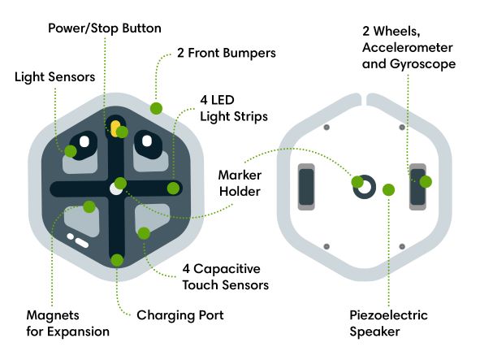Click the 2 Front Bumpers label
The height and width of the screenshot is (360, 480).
coord(227,53)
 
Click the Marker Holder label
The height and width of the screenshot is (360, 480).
coord(240,184)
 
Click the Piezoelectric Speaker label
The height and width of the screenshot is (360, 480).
coord(388,323)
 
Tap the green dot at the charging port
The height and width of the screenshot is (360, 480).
coord(117,260)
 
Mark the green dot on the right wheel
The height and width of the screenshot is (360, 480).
coord(426,182)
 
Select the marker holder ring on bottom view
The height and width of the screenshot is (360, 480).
coord(364,187)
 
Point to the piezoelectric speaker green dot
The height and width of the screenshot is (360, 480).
coord(388,189)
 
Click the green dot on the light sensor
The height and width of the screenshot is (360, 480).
coord(71,150)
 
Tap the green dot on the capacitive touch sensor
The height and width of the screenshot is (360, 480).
coord(144,234)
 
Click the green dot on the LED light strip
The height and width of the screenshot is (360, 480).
coord(173,188)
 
